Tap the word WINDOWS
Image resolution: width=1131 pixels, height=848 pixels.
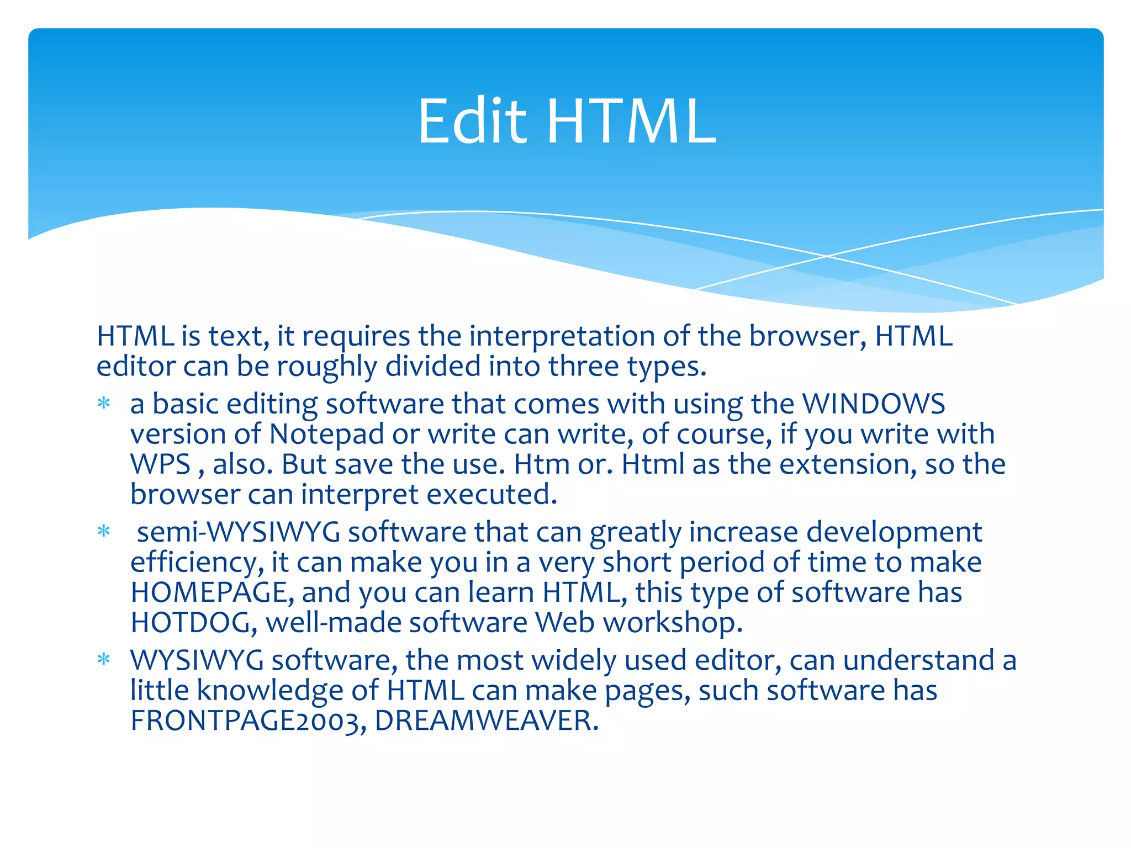(x=873, y=404)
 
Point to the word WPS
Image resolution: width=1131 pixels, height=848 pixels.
(x=160, y=464)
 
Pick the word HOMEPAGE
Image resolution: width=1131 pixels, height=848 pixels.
(x=209, y=592)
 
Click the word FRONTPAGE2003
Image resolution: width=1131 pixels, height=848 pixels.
(x=248, y=720)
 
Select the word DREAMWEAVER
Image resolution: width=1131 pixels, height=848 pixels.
(x=486, y=720)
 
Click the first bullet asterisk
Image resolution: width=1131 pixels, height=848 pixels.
(x=104, y=404)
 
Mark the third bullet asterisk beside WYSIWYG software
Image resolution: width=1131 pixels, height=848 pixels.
(x=104, y=660)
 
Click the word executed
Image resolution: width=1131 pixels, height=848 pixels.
(x=491, y=494)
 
